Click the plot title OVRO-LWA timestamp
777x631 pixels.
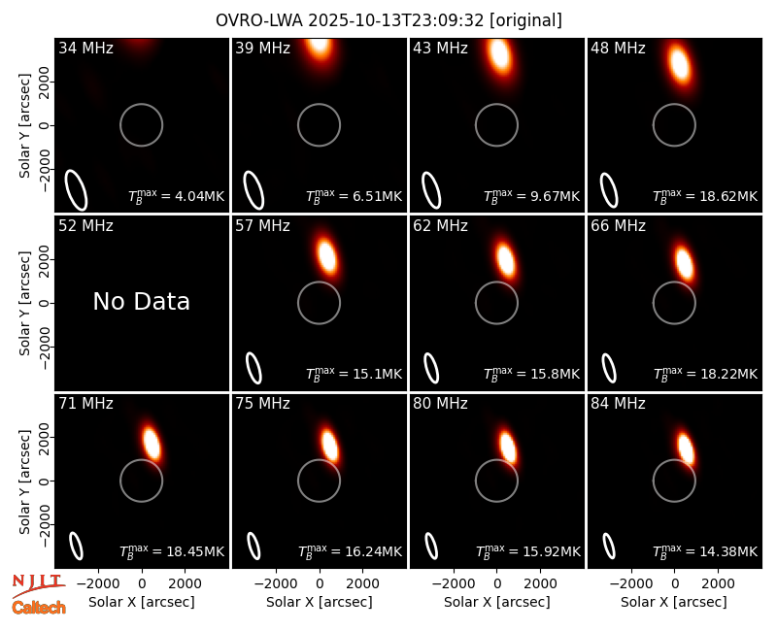[388, 20]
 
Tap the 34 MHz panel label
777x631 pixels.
[85, 48]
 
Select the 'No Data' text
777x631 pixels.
[141, 301]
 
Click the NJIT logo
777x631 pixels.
[38, 585]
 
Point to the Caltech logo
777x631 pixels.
[39, 608]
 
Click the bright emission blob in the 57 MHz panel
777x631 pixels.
[326, 255]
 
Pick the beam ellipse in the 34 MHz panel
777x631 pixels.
[77, 189]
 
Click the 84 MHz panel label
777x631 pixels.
[618, 404]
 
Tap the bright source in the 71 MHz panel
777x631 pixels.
[152, 443]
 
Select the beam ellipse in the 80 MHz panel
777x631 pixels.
[431, 546]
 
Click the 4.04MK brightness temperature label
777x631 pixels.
[177, 195]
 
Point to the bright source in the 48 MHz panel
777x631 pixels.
[679, 64]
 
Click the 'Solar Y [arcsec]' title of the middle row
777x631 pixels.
[24, 303]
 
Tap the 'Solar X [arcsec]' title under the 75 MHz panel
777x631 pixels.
[320, 602]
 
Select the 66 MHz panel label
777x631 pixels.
[618, 226]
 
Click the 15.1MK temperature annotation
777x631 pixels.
[354, 373]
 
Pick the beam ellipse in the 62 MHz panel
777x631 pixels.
[431, 368]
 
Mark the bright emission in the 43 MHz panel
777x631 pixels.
[500, 54]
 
